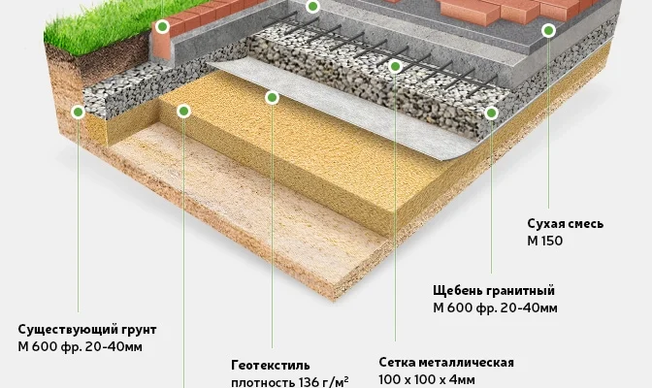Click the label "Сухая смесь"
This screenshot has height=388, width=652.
[x=565, y=223]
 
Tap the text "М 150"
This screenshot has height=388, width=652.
[x=544, y=241]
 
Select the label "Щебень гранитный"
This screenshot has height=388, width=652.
[x=493, y=291]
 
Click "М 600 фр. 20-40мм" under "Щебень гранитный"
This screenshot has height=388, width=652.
[x=495, y=308]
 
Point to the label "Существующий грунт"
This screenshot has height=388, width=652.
[x=87, y=330]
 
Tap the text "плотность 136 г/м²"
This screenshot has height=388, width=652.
[x=289, y=381]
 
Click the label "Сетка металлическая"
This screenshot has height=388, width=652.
[x=446, y=363]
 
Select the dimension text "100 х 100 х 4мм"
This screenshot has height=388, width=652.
[x=427, y=380]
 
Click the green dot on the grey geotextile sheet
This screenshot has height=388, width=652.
[x=273, y=97]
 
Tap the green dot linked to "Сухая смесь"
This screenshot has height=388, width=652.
[x=548, y=31]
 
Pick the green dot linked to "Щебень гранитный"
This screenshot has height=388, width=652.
[x=492, y=113]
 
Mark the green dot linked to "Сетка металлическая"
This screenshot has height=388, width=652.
[x=395, y=66]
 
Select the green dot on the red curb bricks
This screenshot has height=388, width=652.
[x=162, y=26]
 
